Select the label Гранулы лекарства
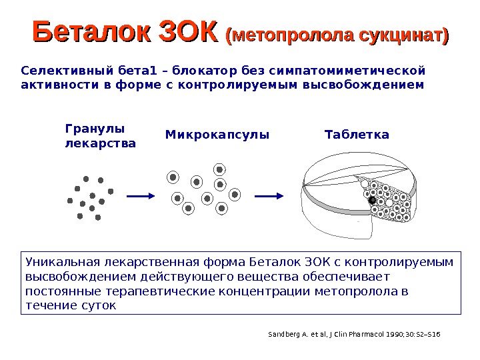coord(100,135)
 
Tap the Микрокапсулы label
coord(217,135)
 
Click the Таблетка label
coord(357,135)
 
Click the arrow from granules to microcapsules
coord(141,196)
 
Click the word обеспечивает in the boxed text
coord(357,276)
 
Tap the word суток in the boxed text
coord(100,306)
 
